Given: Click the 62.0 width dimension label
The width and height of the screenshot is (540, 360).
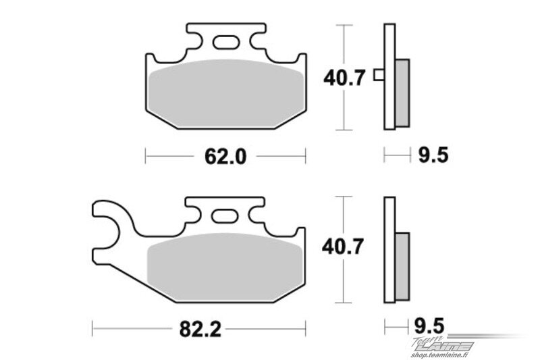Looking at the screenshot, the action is click(x=225, y=157).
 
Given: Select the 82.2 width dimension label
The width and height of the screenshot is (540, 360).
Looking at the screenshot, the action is click(x=200, y=330).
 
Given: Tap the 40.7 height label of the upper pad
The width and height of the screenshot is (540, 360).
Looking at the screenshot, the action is click(x=344, y=78).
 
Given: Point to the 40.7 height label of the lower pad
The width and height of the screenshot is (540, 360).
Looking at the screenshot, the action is click(x=343, y=247).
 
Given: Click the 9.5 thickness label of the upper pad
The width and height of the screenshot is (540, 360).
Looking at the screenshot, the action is click(x=433, y=155).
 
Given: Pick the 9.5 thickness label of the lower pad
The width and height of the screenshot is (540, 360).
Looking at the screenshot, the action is click(x=429, y=326).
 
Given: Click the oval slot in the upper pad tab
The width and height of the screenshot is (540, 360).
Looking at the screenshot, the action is click(x=225, y=43).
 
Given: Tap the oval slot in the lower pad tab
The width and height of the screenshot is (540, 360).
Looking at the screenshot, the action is click(x=225, y=216).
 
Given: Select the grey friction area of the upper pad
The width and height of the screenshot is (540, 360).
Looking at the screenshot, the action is click(x=227, y=93).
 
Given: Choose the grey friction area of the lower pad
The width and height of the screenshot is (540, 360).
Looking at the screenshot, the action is click(x=225, y=266).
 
